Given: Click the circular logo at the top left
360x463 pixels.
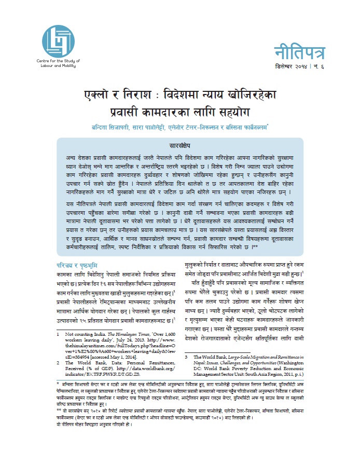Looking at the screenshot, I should tap(54, 39).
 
